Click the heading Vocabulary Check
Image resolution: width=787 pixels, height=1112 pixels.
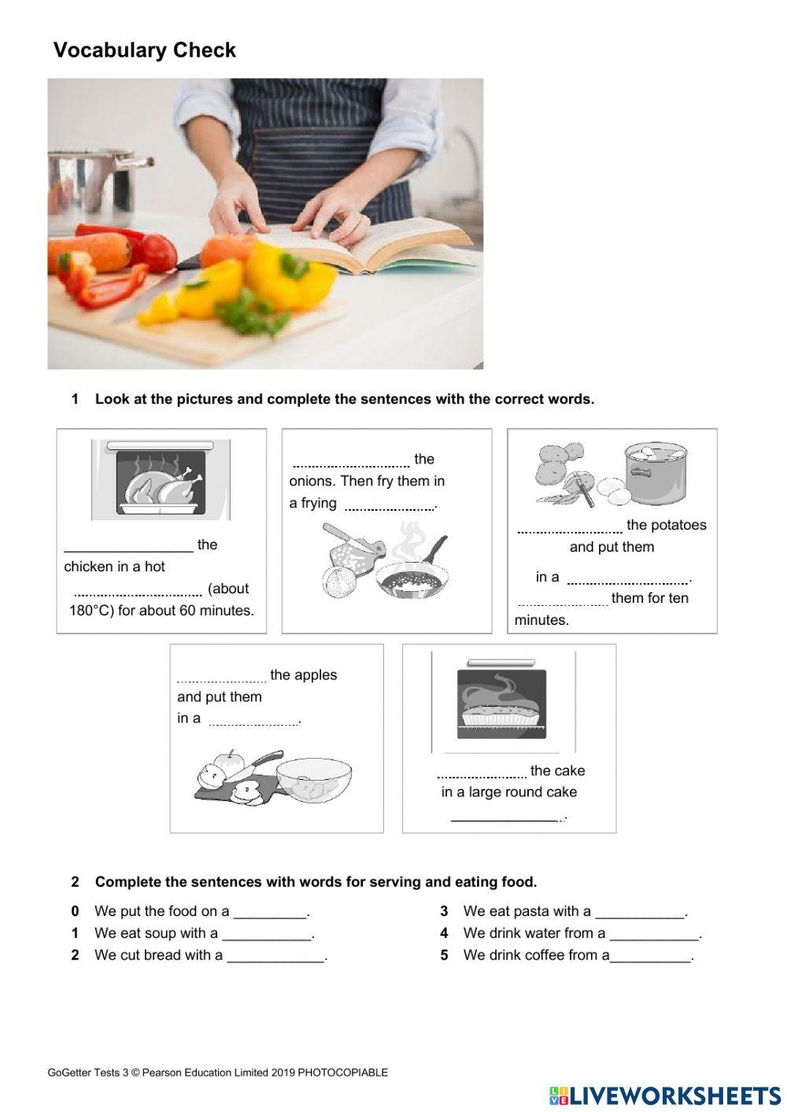point(145,50)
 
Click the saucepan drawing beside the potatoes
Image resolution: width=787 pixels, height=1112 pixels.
point(655,473)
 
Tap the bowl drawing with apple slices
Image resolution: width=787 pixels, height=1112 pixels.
point(313,780)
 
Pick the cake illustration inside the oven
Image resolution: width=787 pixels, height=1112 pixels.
point(501,711)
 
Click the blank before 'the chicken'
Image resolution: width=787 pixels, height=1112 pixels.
point(128,545)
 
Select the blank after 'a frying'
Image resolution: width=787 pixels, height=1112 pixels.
point(390,504)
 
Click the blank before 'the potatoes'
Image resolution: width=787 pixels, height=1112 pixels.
point(570,526)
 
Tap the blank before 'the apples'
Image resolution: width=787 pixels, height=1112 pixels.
point(221,676)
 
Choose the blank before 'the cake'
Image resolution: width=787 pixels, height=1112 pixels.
point(482,771)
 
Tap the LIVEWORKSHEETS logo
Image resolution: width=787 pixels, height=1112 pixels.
point(665,1095)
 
